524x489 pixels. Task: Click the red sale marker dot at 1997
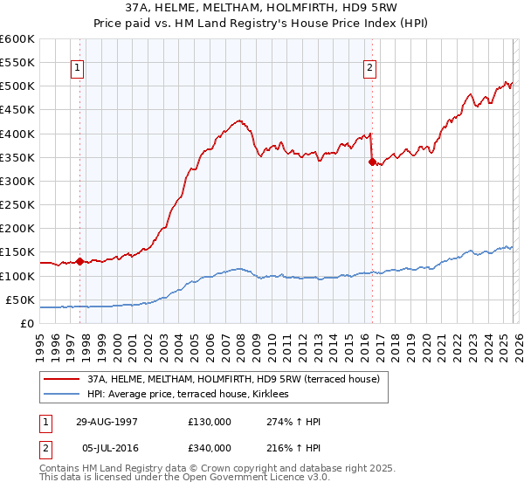click(x=79, y=261)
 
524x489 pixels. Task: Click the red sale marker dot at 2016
click(x=372, y=162)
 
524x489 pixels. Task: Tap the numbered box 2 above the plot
click(x=370, y=68)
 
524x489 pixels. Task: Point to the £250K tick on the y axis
click(x=17, y=205)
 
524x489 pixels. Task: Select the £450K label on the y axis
click(x=17, y=110)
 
